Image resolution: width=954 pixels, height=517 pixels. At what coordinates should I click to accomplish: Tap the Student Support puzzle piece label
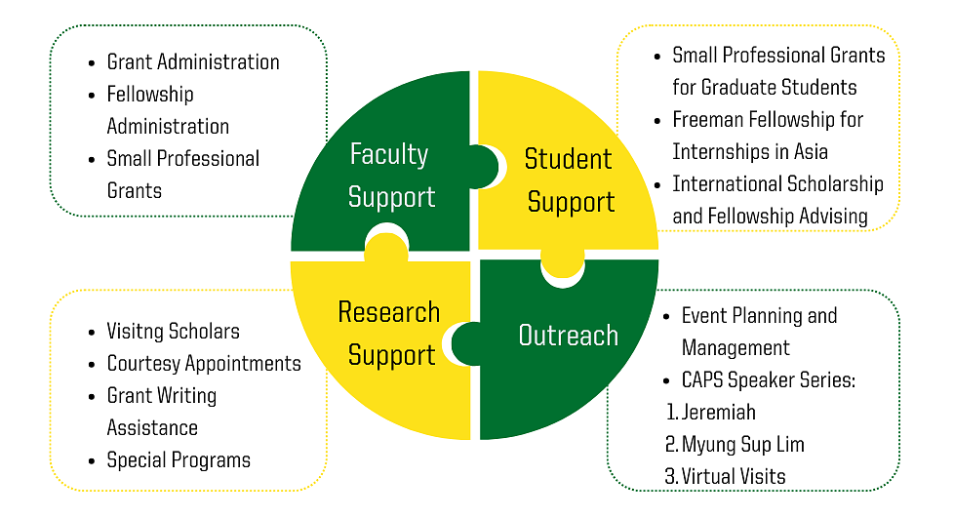[x=569, y=180]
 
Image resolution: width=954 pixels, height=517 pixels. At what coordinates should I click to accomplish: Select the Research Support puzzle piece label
[x=388, y=334]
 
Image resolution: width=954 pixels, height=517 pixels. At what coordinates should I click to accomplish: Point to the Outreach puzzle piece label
[x=568, y=336]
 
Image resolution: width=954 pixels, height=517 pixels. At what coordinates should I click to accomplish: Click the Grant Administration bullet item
[x=193, y=62]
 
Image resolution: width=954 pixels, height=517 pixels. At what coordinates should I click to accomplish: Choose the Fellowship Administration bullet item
[x=168, y=110]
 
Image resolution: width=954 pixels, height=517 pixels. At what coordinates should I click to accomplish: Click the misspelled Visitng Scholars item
[x=173, y=332]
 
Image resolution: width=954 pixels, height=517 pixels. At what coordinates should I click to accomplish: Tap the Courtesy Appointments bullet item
[x=204, y=364]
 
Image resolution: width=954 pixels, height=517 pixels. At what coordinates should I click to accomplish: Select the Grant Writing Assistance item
[x=162, y=412]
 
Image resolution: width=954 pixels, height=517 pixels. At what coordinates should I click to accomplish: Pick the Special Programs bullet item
[x=179, y=460]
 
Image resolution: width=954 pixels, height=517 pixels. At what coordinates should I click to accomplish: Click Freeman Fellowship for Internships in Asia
[x=767, y=136]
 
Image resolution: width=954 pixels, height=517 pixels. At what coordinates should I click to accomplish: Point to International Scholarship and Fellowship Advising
[x=777, y=200]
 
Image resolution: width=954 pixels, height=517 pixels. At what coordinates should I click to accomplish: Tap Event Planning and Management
[x=759, y=332]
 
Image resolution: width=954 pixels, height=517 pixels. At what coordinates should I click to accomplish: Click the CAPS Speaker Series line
[x=769, y=380]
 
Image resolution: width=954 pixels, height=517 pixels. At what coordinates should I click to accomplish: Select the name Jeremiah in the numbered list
[x=719, y=413]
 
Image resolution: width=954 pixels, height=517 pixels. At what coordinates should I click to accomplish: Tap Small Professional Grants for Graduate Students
[x=777, y=71]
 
